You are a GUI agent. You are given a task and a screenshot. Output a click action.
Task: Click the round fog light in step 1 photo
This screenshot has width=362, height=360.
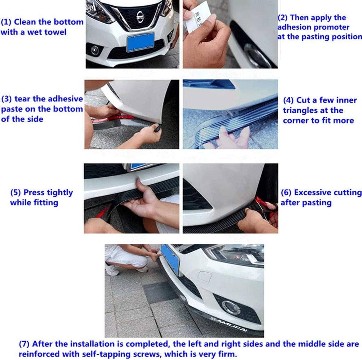click(95, 50)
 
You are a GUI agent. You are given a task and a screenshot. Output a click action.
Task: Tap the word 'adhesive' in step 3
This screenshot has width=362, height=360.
click(65, 99)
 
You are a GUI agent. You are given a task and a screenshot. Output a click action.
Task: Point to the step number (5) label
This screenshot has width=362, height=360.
click(16, 193)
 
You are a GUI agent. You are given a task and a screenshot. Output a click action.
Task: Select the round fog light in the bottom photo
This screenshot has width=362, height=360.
click(230, 307)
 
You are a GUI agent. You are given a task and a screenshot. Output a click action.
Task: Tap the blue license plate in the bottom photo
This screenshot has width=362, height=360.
click(170, 259)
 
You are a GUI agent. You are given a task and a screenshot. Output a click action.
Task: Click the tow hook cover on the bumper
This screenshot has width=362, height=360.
click(205, 276)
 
